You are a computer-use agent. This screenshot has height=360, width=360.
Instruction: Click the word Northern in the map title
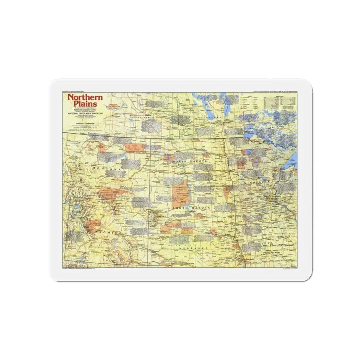(85, 97)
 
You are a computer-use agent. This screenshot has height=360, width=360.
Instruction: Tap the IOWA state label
(271, 243)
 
